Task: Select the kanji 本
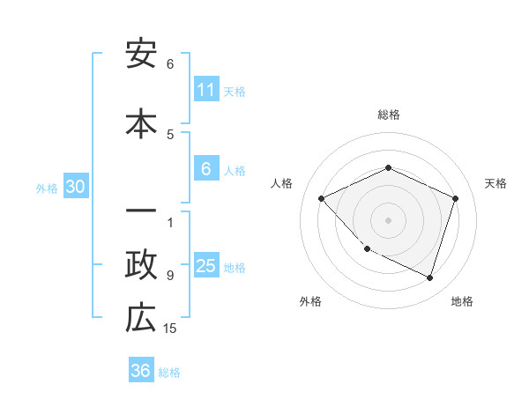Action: click(141, 122)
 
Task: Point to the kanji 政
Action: click(141, 265)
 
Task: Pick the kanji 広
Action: click(141, 318)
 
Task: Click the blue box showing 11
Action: click(206, 91)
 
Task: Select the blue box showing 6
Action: click(206, 170)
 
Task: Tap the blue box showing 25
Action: click(206, 267)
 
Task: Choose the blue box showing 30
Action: click(75, 188)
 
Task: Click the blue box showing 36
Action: click(141, 371)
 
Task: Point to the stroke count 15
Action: click(170, 329)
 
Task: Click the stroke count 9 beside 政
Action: click(170, 276)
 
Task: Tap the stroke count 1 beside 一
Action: click(170, 222)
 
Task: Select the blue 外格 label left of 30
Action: click(47, 189)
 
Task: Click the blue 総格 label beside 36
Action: click(169, 372)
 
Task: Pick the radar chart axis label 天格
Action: click(495, 183)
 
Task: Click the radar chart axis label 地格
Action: click(462, 301)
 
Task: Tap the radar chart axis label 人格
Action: click(282, 183)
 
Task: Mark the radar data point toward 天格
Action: click(456, 198)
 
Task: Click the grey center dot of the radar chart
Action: click(388, 219)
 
